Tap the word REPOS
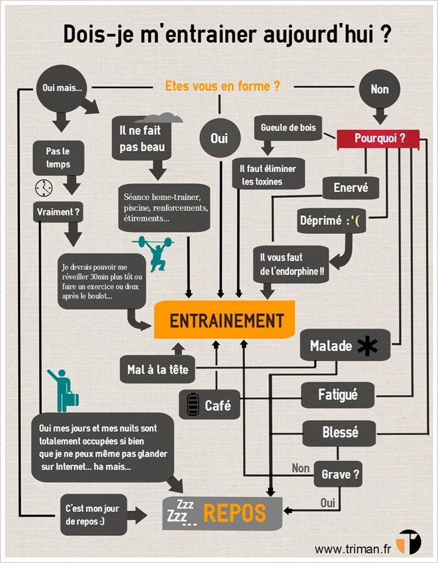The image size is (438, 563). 234,513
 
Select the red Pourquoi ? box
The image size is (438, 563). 379,138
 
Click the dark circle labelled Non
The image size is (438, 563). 379,90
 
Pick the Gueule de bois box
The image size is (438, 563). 288,127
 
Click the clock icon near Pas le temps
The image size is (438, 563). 43,188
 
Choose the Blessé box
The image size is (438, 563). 339,433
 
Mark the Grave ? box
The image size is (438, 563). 339,474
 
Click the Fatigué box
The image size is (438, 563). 338,394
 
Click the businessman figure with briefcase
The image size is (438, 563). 63,390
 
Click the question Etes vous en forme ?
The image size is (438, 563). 222,86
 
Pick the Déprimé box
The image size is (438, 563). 332,221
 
